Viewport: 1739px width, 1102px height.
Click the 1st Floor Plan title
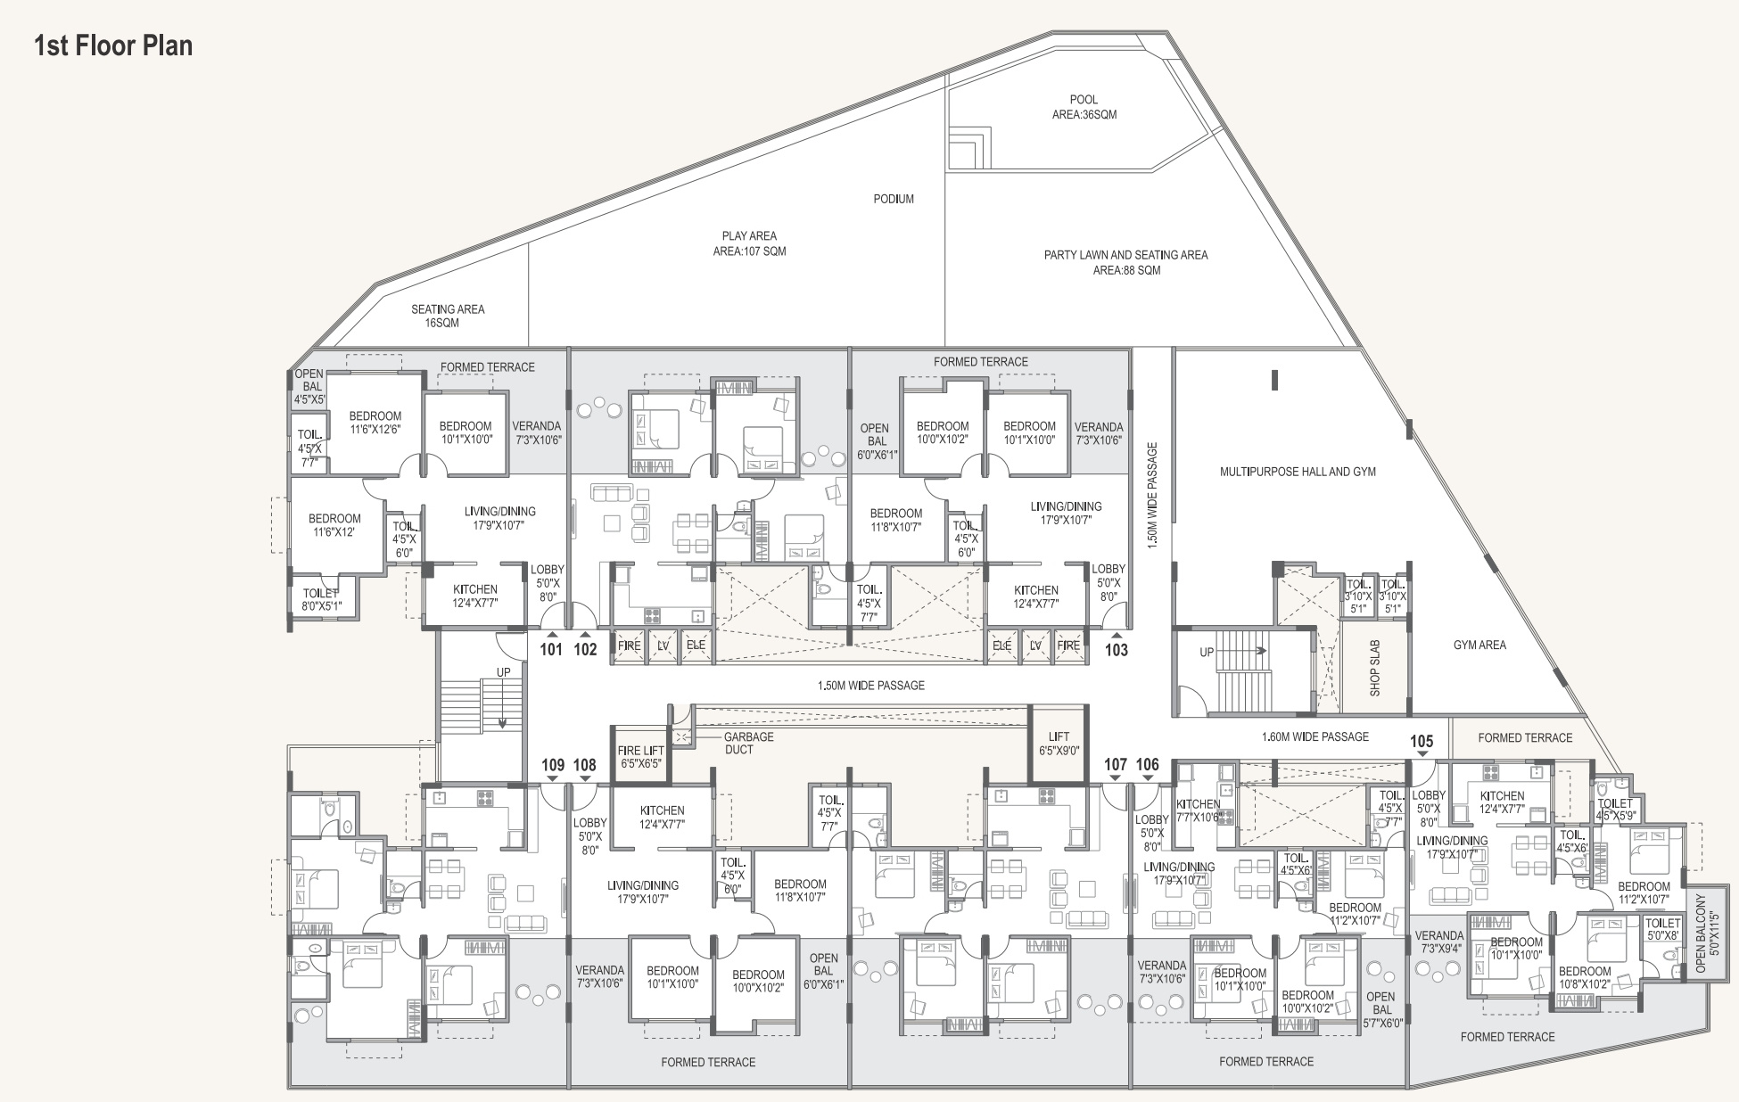coord(113,45)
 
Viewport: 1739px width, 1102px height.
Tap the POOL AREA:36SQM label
coord(1084,107)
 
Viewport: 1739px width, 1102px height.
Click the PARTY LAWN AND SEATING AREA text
coord(1126,255)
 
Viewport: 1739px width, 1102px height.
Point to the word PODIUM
coord(894,199)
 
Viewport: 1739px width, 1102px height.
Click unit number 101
coord(551,649)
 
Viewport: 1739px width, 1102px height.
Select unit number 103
coord(1117,650)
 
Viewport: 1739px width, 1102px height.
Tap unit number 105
coord(1422,742)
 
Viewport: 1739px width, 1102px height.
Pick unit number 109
coord(553,765)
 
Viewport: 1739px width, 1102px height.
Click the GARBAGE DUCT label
coord(748,743)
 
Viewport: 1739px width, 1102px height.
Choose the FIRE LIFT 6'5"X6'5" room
coord(640,757)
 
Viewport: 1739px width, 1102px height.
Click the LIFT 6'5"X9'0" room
coord(1059,744)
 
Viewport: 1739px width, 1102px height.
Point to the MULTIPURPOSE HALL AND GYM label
coord(1298,472)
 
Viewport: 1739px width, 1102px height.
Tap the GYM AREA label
coord(1479,645)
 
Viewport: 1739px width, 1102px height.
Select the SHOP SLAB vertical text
coord(1374,668)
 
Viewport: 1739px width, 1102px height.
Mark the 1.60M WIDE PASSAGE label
coord(1315,736)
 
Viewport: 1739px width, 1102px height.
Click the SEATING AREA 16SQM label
coord(448,316)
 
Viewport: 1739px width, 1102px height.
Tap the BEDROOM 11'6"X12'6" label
coord(375,423)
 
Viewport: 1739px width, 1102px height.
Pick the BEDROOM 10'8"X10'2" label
coord(1585,978)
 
